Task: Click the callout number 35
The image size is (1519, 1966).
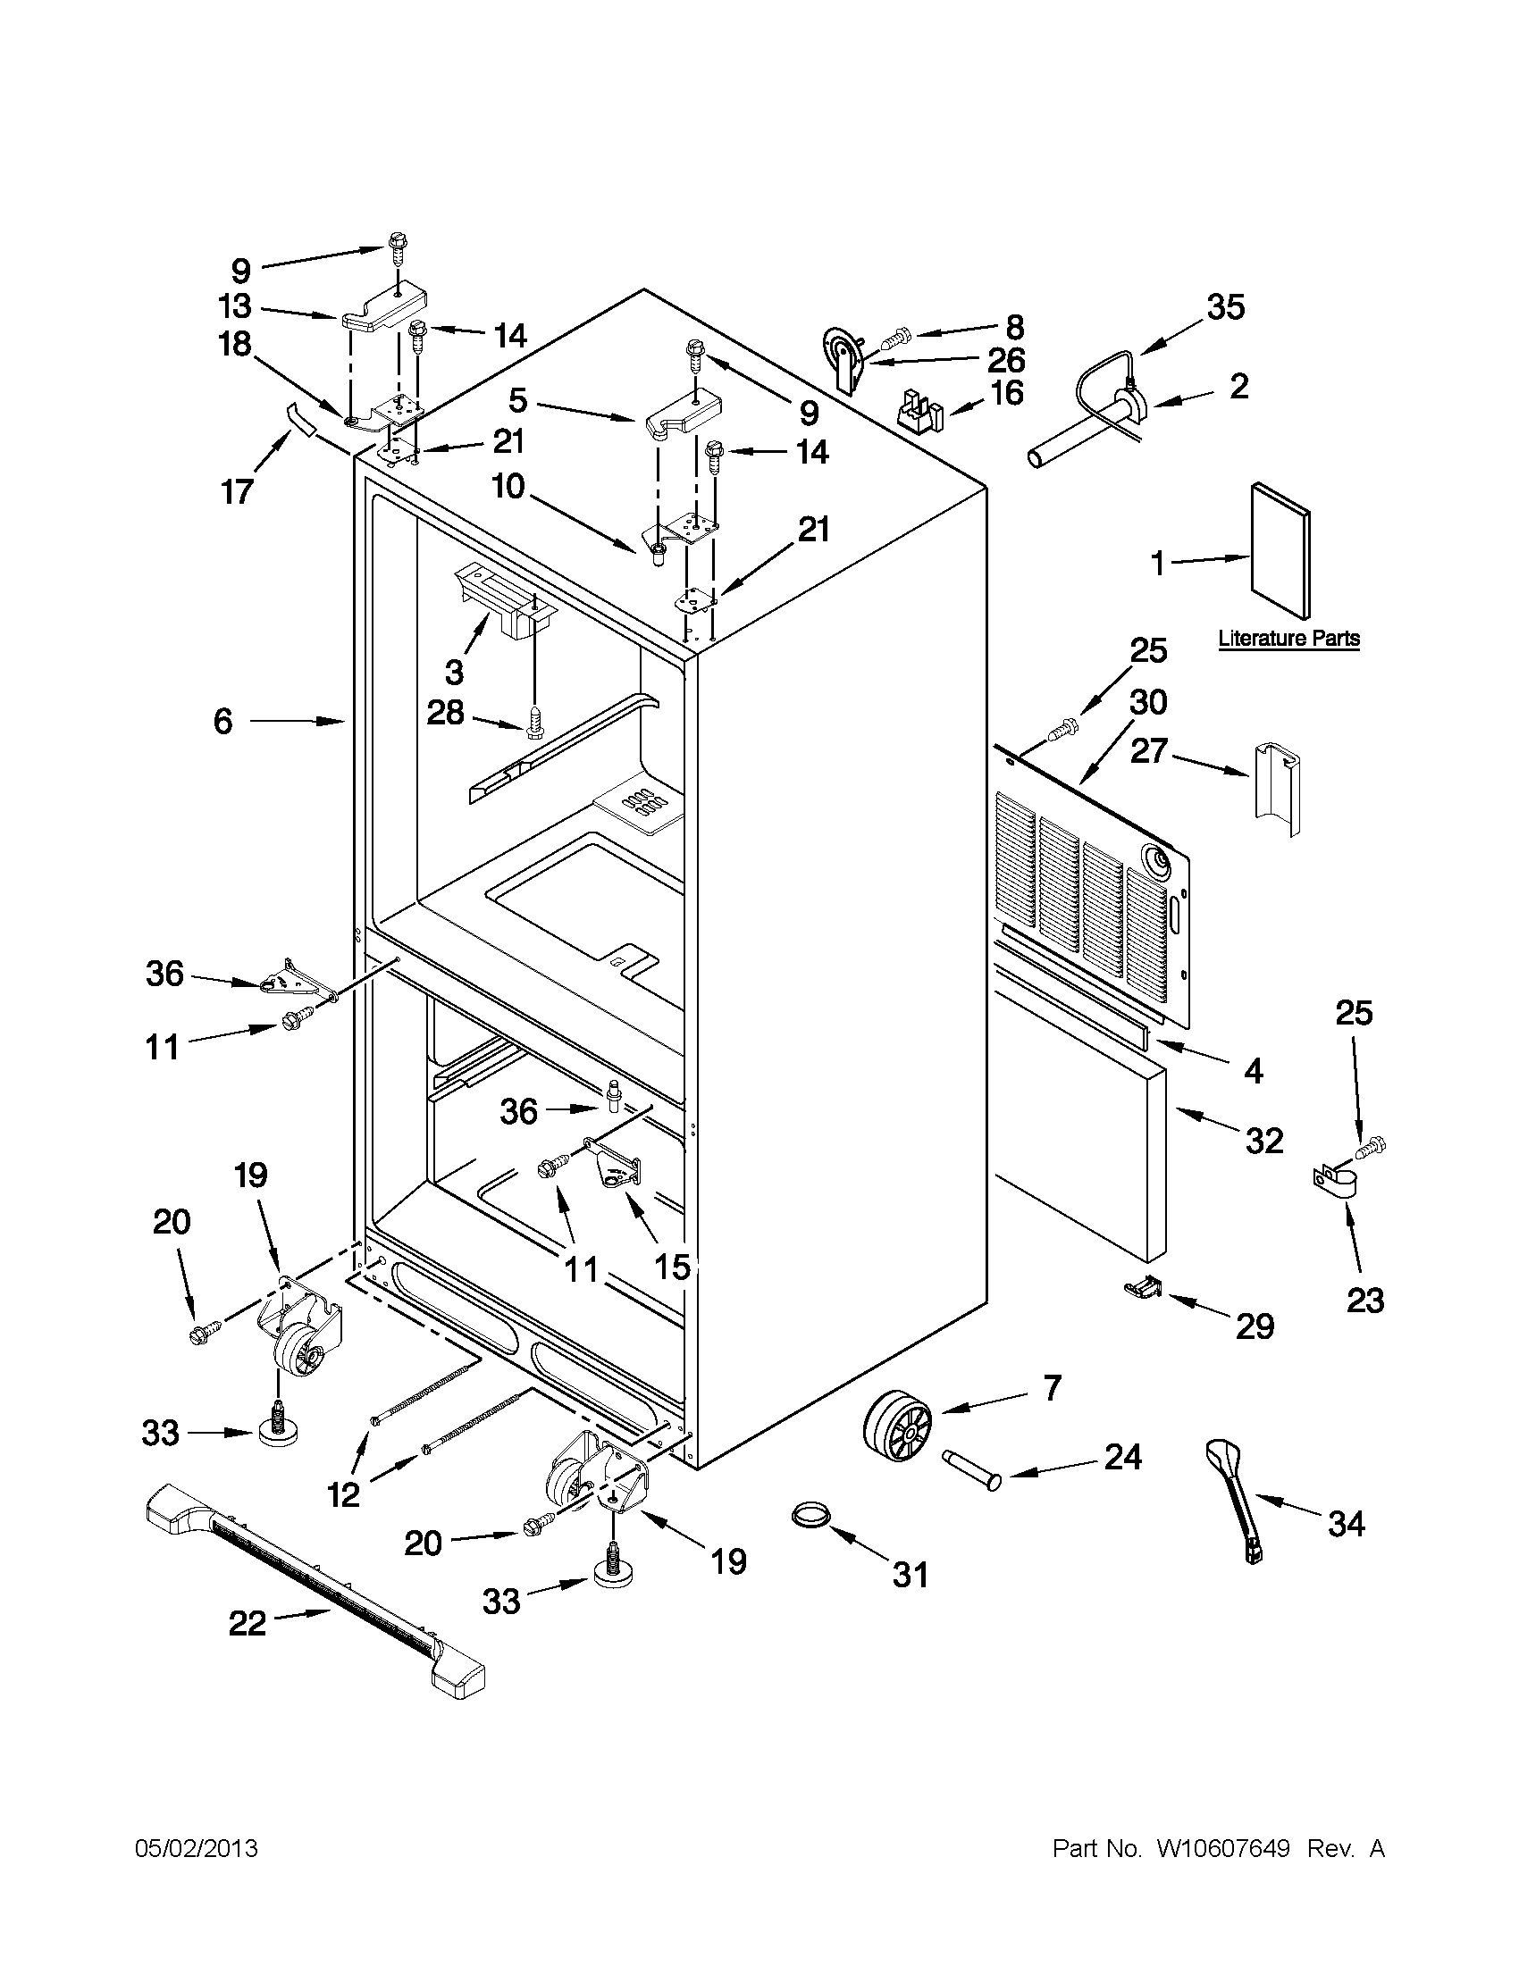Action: pos(1225,307)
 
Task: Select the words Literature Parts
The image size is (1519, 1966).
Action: pos(1288,639)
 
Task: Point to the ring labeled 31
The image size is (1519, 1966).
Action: pos(811,1516)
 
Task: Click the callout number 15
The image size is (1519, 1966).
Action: pos(672,1267)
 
